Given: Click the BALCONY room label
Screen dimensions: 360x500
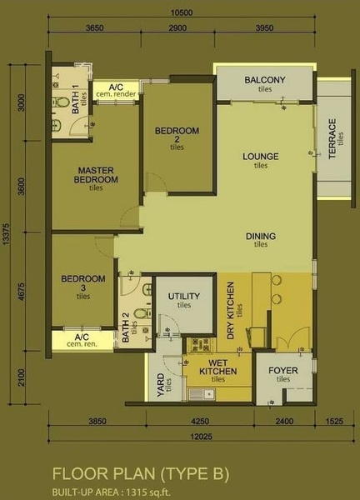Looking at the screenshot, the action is tap(265, 80).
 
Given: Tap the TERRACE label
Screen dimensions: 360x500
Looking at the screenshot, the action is tap(332, 138).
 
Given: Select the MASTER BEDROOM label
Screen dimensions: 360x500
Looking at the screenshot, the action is tap(96, 175).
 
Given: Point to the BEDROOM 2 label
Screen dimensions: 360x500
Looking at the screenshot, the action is tap(177, 135).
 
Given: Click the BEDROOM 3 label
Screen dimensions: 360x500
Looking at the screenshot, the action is tap(82, 283).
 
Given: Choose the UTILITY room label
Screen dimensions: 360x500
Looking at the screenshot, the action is tap(184, 296).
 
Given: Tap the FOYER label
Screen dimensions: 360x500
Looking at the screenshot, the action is tap(283, 371).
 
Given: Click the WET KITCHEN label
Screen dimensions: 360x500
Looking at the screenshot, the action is tap(218, 367).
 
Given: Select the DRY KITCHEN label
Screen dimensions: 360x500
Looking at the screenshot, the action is tap(230, 310).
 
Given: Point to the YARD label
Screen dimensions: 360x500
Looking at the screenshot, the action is tap(161, 385).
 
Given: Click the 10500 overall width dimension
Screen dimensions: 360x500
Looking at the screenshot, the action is tap(182, 12).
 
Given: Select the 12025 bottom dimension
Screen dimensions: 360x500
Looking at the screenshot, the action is tap(201, 436).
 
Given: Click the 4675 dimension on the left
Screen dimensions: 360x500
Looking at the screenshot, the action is tap(22, 292).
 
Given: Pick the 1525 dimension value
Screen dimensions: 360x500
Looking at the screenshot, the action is tap(334, 421).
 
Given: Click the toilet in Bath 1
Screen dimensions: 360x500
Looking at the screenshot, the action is tap(61, 102).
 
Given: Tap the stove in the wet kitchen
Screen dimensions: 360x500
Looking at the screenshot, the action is tap(200, 345).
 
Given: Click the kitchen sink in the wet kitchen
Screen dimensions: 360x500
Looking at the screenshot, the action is tap(202, 394).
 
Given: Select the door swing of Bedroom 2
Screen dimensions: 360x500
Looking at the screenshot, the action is tap(156, 182).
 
